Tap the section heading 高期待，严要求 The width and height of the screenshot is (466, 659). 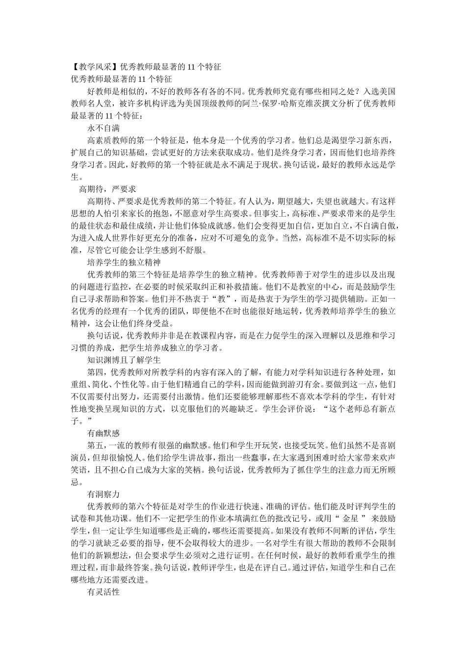point(107,189)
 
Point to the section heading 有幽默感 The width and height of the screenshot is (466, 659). point(104,433)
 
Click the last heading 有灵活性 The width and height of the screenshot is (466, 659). point(104,592)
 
